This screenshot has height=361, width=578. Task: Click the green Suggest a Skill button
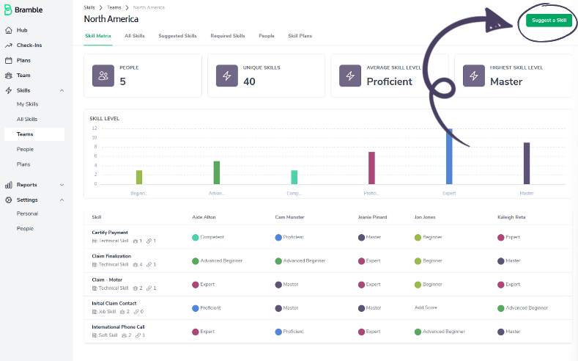[x=549, y=20]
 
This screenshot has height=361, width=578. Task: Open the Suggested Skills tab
[x=177, y=35]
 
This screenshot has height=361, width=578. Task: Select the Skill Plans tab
[x=300, y=35]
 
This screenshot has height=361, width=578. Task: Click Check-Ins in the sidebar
[x=29, y=45]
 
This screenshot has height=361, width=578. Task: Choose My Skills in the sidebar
[x=27, y=104]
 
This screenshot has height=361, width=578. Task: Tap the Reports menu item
[x=26, y=185]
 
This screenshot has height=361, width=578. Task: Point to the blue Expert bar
[x=450, y=156]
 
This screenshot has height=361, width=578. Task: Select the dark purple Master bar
[x=527, y=163]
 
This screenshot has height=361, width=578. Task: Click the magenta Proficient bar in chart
[x=371, y=168]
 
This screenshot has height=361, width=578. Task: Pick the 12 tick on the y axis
[x=94, y=129]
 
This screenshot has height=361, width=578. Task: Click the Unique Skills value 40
[x=249, y=81]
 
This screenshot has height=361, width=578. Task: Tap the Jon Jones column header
[x=425, y=217]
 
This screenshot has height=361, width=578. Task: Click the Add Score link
[x=426, y=307]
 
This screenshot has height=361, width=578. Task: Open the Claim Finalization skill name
[x=111, y=256]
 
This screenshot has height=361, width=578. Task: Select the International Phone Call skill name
[x=118, y=327]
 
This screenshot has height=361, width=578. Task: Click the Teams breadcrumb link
[x=114, y=7]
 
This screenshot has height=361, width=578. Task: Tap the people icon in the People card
[x=103, y=75]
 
